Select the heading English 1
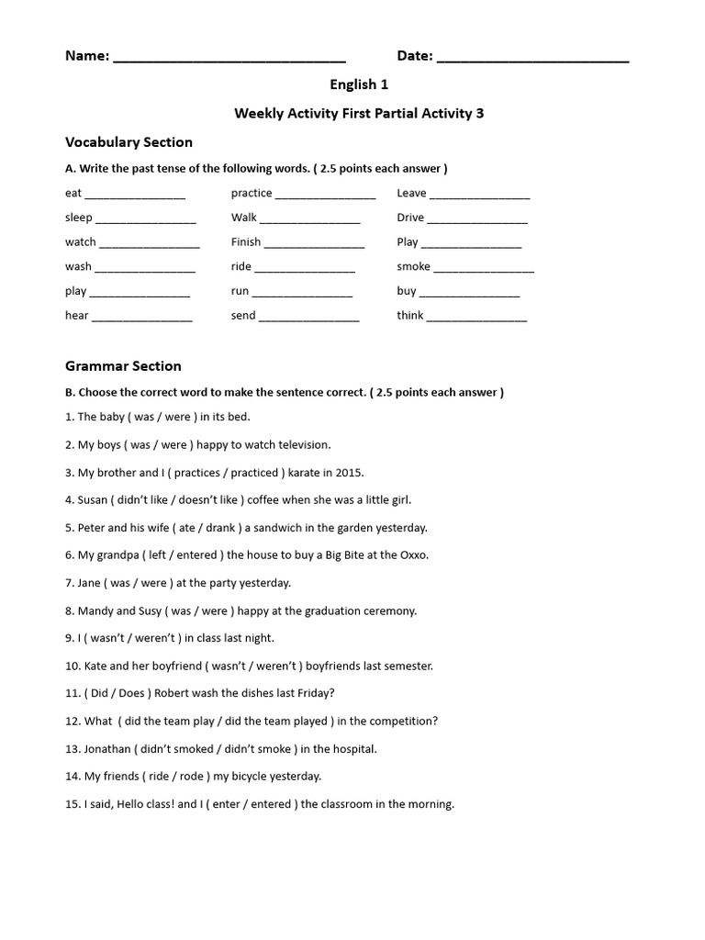click(x=359, y=84)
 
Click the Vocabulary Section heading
click(x=129, y=142)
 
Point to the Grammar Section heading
click(x=123, y=366)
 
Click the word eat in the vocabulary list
click(x=73, y=194)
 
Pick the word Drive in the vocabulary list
click(x=410, y=218)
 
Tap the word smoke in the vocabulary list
click(x=413, y=266)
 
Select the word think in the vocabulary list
click(x=410, y=315)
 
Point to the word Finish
click(x=246, y=242)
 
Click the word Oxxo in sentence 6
click(x=413, y=555)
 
